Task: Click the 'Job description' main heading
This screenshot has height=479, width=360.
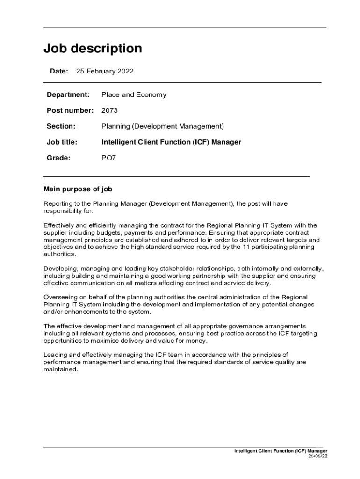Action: point(93,49)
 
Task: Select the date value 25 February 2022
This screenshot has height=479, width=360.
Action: point(105,71)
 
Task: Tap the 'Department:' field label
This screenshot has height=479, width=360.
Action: point(68,94)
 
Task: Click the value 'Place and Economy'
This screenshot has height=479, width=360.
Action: point(134,94)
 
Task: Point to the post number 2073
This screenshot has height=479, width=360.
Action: point(109,110)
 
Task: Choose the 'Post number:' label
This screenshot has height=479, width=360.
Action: point(70,110)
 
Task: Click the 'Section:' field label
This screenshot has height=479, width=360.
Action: point(61,126)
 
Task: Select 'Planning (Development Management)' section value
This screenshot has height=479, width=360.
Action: point(163,126)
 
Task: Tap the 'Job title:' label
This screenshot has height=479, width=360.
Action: point(62,142)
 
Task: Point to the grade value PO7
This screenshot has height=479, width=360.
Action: point(108,158)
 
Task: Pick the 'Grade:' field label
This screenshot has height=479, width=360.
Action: point(58,158)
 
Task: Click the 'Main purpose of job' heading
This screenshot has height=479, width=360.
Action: point(78,189)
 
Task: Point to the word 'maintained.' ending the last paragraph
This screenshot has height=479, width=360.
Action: point(60,369)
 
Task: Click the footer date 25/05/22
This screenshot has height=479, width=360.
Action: point(317,456)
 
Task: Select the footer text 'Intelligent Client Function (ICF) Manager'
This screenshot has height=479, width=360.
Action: point(281,451)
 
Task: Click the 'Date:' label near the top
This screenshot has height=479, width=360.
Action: point(59,71)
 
